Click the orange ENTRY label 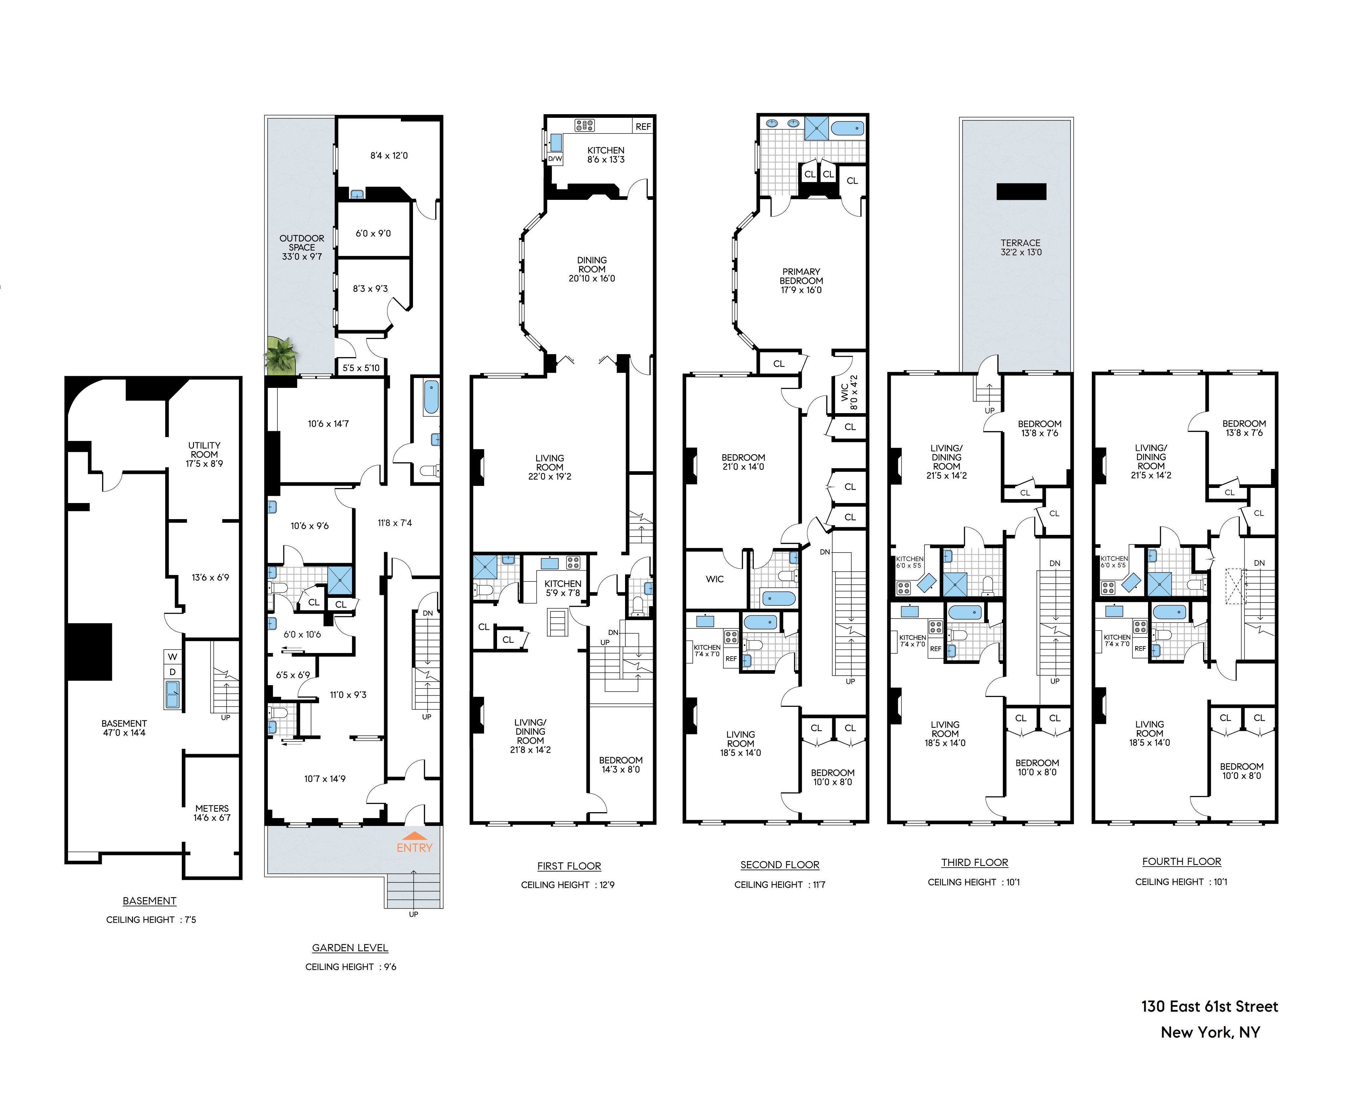(x=414, y=848)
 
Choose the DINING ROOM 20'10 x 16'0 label (x=592, y=269)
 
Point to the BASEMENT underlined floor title (x=150, y=901)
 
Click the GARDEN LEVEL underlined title (x=350, y=948)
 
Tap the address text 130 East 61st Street (x=1209, y=1006)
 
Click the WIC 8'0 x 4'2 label (x=849, y=392)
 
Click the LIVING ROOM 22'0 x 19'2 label (x=550, y=467)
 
